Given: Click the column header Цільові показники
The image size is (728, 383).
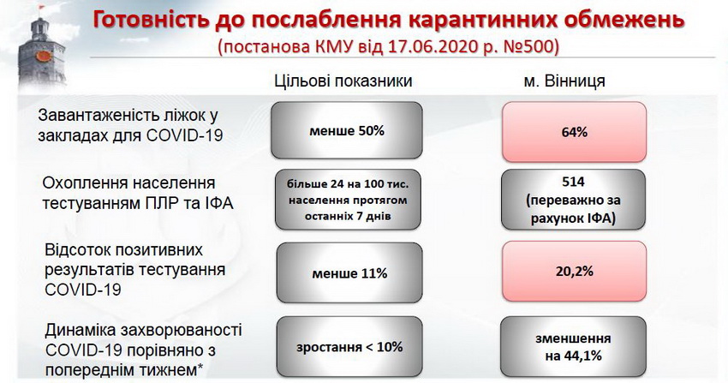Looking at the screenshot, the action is [343, 81].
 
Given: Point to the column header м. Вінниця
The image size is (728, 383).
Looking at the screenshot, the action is [564, 81].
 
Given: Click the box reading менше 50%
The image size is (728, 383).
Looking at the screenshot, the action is [347, 130].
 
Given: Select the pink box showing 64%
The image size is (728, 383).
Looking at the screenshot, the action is [575, 132].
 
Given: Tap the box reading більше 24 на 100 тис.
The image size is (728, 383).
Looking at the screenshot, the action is [348, 200].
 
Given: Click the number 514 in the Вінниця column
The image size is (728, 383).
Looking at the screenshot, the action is [573, 182].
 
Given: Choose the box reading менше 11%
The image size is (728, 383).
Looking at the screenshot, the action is [349, 273].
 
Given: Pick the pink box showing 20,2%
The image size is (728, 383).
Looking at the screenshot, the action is [575, 271].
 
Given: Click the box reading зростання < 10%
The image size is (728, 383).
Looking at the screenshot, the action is [349, 346].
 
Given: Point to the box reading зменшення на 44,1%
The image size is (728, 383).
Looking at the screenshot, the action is [573, 346].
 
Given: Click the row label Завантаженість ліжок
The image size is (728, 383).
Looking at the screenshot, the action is [130, 125].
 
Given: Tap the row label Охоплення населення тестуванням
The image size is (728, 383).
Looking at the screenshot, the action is [137, 193].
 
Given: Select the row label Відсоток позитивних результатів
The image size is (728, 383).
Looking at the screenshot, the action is [135, 269].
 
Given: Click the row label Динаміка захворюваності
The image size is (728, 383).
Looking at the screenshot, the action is [144, 350].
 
